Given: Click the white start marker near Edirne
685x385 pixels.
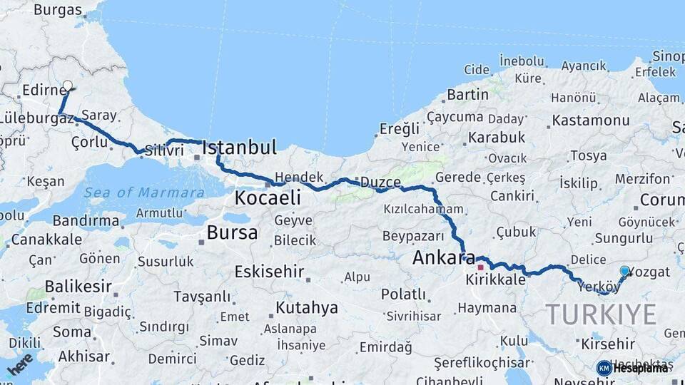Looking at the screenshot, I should point(68,86).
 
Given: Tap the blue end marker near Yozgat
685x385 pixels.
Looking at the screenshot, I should point(625,271).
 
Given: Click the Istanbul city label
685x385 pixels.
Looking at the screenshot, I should point(239,148).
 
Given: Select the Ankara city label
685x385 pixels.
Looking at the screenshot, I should point(445,257).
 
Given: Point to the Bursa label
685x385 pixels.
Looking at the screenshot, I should point(232,232).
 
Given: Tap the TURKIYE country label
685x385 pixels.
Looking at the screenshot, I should point(601,314).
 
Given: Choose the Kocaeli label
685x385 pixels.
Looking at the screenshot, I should point(268,197).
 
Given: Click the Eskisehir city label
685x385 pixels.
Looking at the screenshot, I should point(269,272).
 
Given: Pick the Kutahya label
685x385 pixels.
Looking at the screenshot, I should point(306,308).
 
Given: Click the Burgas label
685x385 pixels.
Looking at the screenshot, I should point(58,10).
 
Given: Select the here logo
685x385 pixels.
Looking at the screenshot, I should point(19,363).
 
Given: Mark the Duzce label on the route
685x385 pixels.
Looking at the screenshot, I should point(380,182).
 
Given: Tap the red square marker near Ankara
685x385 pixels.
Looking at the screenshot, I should point(481,267).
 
